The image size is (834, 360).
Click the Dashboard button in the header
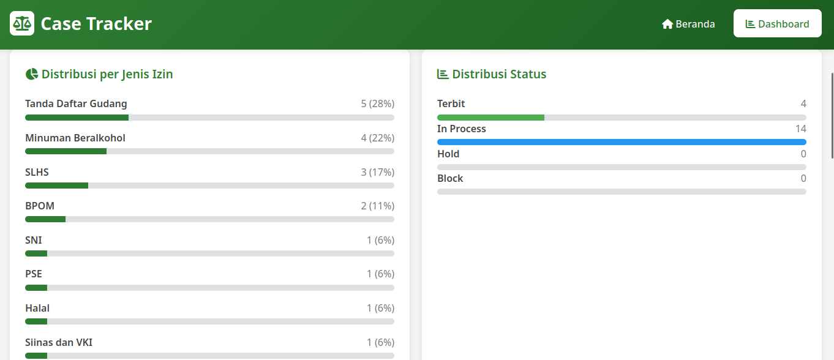tap(778, 23)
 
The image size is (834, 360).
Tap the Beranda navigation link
tap(688, 24)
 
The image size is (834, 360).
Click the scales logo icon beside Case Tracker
tap(22, 23)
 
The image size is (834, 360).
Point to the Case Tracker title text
tap(96, 23)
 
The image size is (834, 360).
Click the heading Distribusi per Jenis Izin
tap(107, 74)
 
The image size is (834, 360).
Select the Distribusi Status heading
tap(499, 74)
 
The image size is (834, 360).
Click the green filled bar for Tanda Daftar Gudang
tap(77, 118)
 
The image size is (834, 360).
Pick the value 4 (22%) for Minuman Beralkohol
tap(378, 138)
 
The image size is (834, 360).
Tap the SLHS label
tap(37, 172)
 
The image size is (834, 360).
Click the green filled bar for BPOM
tap(45, 219)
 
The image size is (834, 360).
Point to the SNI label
tap(34, 240)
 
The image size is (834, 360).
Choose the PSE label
tap(34, 274)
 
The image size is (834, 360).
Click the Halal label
tap(37, 308)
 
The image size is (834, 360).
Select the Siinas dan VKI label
tap(59, 342)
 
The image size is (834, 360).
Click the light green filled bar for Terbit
tap(490, 118)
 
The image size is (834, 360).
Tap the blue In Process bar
tap(622, 142)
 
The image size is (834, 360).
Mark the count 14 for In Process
tap(801, 129)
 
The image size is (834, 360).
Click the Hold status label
tap(448, 154)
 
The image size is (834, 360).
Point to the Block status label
tap(450, 178)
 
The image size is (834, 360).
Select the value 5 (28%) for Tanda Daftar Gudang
tap(378, 103)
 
